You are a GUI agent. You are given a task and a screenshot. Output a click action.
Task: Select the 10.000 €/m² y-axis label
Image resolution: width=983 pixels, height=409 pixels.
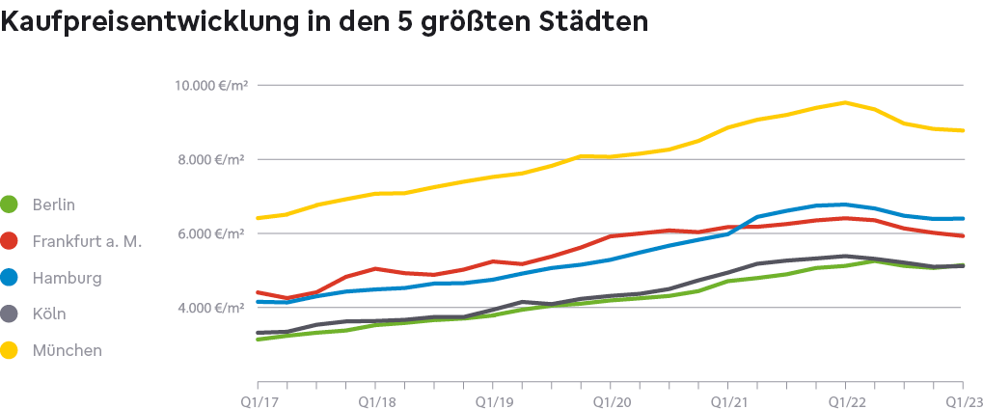[x=210, y=86]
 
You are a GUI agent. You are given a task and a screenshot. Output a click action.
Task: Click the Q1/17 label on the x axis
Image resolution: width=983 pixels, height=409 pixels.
[x=257, y=398]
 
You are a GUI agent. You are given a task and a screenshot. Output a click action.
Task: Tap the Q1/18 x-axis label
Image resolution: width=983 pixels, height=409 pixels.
[x=374, y=398]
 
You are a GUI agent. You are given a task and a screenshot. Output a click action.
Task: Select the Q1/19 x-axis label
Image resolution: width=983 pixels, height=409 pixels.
[x=492, y=398]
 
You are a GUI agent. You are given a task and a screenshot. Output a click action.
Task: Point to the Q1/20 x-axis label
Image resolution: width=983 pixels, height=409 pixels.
[x=610, y=398]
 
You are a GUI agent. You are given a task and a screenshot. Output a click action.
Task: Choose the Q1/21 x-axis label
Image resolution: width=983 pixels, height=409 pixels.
[x=727, y=398]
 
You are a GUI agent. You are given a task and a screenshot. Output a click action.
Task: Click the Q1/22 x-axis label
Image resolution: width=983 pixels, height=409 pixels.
[x=845, y=398]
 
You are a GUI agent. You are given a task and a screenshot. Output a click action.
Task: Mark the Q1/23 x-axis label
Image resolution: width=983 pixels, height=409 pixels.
[x=962, y=398]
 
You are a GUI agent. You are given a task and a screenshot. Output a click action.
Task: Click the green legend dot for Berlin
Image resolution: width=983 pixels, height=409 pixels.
[x=10, y=204]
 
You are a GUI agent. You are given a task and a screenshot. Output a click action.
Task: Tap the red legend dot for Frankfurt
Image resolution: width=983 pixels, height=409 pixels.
[x=10, y=241]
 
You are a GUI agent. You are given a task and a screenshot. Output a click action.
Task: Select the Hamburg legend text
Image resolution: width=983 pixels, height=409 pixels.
[x=67, y=278]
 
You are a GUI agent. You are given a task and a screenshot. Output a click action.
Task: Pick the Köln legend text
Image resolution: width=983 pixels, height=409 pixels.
[x=49, y=314]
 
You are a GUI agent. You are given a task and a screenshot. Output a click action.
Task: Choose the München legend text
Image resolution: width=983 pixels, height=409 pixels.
[x=67, y=351]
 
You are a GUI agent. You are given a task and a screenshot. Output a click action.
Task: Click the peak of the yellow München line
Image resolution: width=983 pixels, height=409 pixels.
[x=845, y=102]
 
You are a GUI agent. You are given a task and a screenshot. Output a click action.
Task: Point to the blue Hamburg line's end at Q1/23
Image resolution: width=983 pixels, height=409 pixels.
[x=962, y=218]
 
